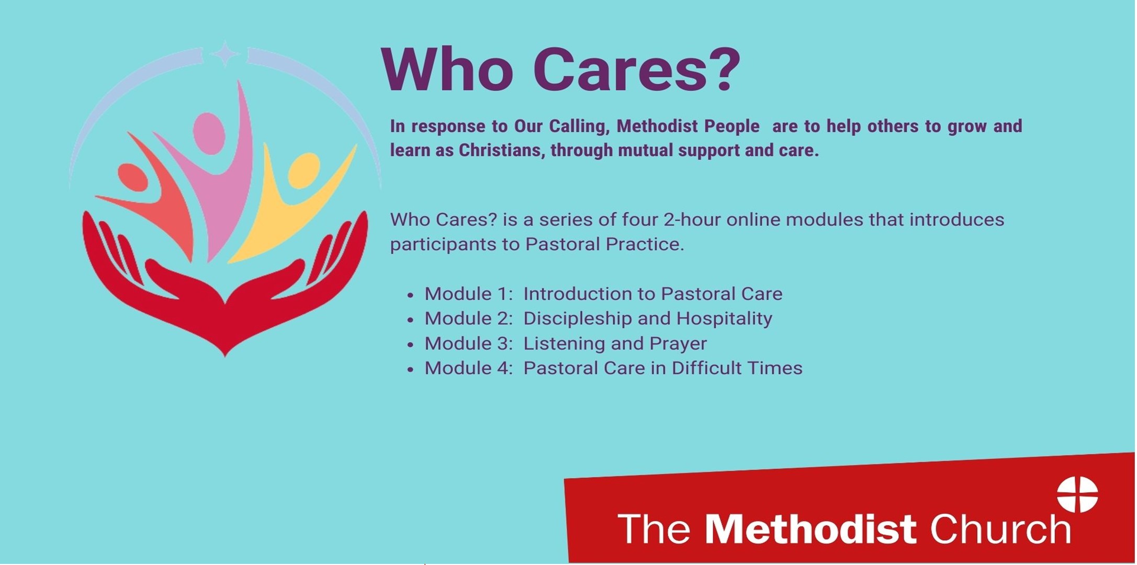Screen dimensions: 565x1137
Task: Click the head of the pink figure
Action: pos(209,130)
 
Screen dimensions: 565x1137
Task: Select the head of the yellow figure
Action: pos(303,170)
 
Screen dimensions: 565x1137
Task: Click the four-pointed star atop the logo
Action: pos(225,54)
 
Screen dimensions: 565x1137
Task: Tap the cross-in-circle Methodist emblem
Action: pos(1077,494)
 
